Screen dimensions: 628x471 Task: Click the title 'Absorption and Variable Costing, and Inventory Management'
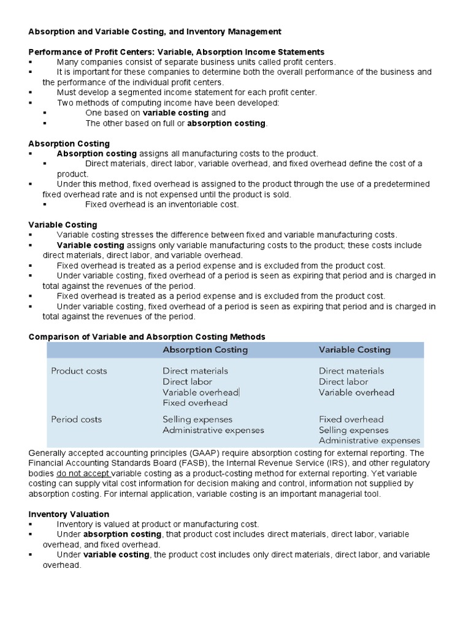click(x=156, y=31)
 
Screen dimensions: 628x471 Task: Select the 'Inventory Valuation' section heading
click(x=69, y=514)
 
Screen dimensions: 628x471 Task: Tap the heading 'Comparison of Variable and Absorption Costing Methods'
click(x=147, y=337)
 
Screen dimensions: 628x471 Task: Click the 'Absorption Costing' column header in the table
click(x=205, y=350)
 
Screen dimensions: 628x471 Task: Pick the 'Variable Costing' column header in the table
click(x=354, y=350)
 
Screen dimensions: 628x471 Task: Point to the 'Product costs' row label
click(x=78, y=371)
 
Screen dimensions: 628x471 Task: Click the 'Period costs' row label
click(x=76, y=419)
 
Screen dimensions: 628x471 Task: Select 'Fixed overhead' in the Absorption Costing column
click(x=195, y=403)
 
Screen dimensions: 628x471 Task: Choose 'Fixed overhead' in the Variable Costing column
click(x=351, y=419)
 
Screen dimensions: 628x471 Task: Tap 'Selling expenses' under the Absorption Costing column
click(x=197, y=419)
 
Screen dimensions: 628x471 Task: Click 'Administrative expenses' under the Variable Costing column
click(x=369, y=440)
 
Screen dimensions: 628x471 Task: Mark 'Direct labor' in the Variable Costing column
click(x=343, y=381)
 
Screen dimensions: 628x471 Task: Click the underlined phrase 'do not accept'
click(x=84, y=473)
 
